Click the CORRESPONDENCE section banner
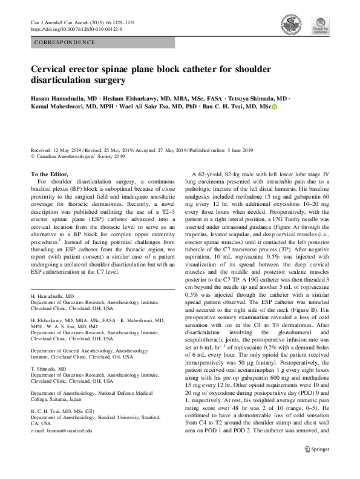(x=65, y=42)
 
